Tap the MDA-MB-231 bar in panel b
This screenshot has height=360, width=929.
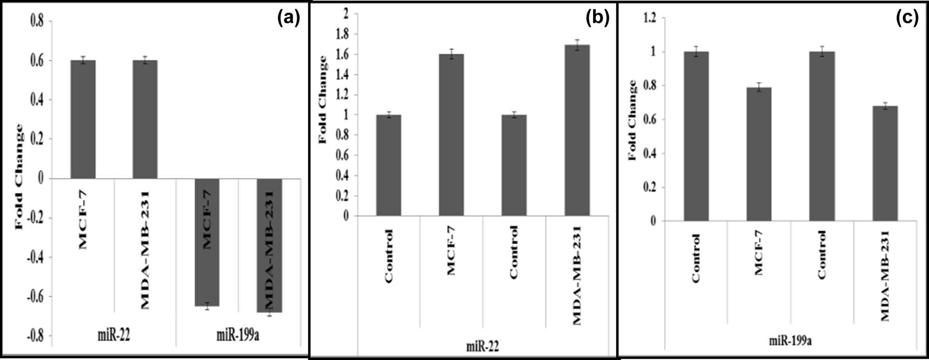(577, 131)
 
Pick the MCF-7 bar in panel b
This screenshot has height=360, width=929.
(451, 135)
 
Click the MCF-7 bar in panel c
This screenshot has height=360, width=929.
(759, 154)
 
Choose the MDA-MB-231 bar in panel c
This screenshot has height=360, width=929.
(885, 163)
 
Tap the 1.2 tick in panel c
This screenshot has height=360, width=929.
(651, 18)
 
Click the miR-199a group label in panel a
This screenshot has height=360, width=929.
(238, 335)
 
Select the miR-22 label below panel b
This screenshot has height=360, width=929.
(483, 347)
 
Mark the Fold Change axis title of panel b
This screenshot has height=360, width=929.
(322, 100)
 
